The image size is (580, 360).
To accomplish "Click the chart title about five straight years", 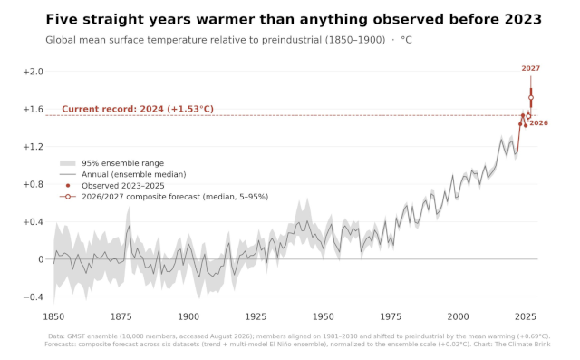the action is coord(294,20).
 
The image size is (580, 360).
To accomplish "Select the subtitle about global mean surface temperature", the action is coord(228,40).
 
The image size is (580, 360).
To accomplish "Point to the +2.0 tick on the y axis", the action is coord(34,72).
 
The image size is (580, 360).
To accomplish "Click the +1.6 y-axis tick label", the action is coord(34,109).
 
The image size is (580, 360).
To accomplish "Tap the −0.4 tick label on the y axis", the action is coord(34,297).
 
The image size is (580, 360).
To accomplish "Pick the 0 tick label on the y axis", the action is coord(41,259).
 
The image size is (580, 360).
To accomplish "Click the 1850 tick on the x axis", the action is coord(53,316).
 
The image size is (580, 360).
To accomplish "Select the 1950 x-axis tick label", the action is coord(324,316).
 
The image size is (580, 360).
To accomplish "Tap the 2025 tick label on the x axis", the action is coord(526,316).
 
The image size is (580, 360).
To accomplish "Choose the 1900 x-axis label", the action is coord(188,316).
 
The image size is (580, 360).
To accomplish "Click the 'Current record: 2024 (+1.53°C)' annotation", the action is coord(138,109).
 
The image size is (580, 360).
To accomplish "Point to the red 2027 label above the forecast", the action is coord(531,68).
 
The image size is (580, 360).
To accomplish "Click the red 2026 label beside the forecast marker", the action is coord(539,123).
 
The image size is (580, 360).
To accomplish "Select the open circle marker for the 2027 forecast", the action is coord(531,98).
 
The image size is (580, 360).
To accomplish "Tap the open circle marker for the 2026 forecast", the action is coord(528,116).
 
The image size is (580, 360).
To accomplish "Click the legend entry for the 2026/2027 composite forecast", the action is coord(164,197).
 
